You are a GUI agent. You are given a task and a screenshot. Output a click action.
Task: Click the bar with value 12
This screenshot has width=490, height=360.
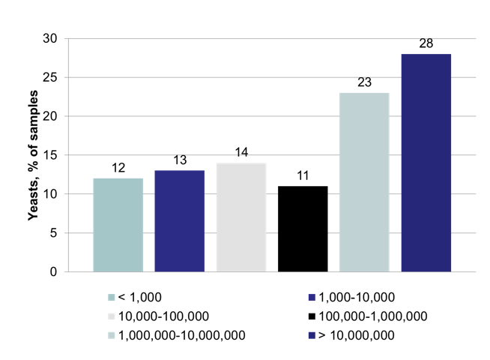click(x=118, y=225)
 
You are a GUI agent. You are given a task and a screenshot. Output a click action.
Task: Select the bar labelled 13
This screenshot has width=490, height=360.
click(x=179, y=221)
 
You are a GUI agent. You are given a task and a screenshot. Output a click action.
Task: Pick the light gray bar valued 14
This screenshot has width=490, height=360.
click(x=241, y=217)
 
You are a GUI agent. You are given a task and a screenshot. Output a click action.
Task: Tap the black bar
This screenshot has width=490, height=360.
click(x=303, y=229)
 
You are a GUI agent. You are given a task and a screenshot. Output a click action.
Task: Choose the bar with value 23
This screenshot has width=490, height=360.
click(x=364, y=182)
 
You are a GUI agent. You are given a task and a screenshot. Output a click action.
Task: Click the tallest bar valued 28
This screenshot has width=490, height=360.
click(x=426, y=163)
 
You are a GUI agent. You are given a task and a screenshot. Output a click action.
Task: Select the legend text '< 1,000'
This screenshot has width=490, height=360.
click(x=139, y=297)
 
